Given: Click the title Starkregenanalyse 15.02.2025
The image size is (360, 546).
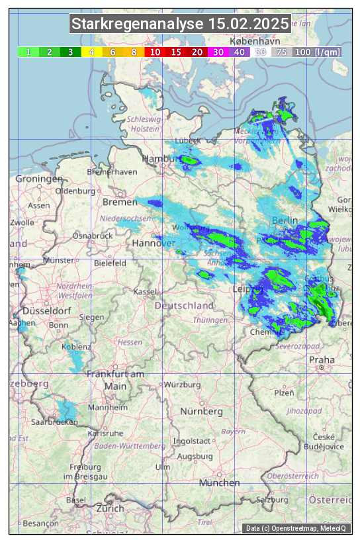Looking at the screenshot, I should point(180,24).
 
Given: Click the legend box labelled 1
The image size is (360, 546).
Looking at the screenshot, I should point(28,52).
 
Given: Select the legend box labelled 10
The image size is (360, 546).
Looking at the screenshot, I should point(155,52).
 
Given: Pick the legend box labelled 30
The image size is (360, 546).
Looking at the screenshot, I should point(218,52).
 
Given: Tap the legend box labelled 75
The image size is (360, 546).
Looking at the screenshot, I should point(281,52).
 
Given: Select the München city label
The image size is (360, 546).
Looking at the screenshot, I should point(219,483).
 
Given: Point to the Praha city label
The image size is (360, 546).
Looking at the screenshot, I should point(321,359).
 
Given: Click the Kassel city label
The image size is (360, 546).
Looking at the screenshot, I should point(144,291).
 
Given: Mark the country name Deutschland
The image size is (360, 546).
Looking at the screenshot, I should point(184,306).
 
